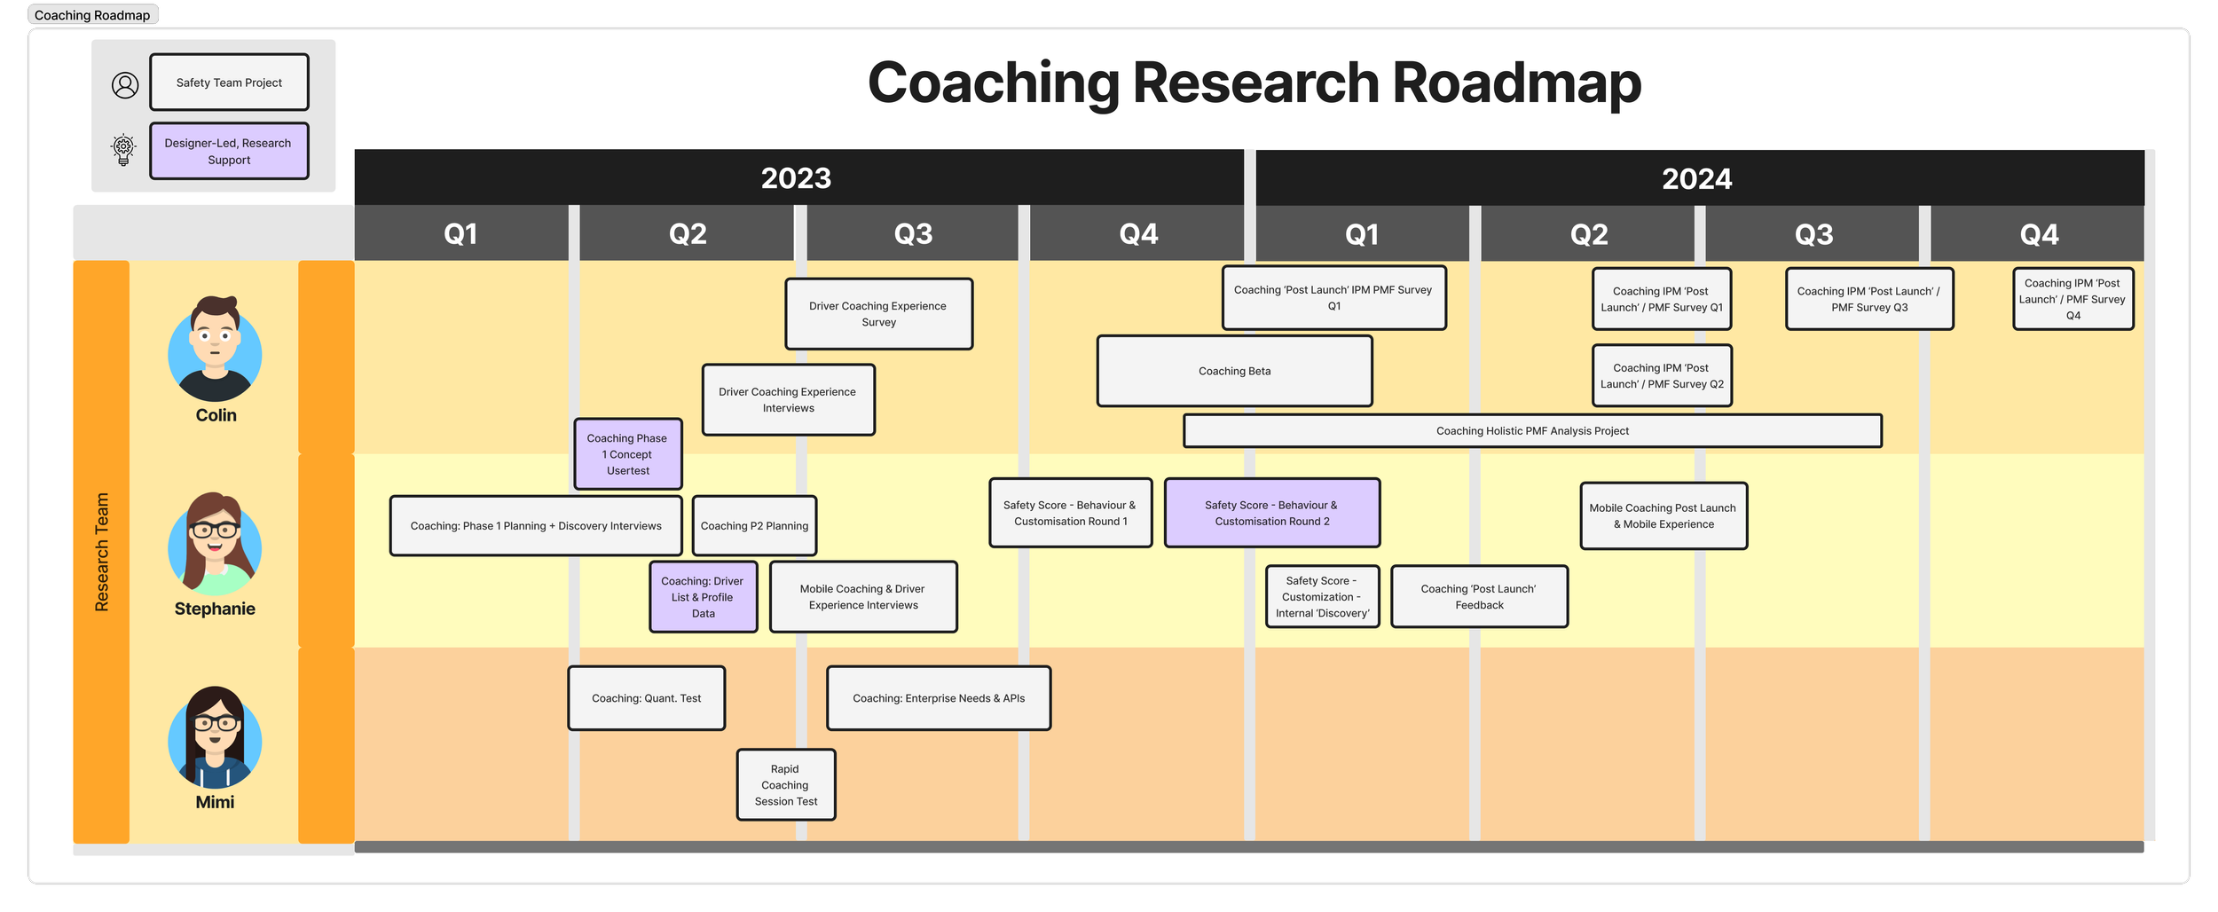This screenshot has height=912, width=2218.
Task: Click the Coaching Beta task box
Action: [1234, 371]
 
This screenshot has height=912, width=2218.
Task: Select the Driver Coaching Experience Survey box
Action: [878, 314]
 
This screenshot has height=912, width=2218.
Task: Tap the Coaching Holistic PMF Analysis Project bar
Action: [1532, 431]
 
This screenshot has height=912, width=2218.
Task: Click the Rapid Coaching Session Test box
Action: [786, 785]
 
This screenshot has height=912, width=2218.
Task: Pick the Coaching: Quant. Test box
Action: [646, 698]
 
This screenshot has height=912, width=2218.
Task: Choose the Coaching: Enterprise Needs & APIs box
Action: [939, 698]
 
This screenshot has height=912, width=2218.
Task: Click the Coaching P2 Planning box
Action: [754, 526]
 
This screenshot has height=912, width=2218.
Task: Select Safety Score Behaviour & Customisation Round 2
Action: [1271, 513]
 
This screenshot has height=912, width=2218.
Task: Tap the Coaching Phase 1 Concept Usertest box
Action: [628, 454]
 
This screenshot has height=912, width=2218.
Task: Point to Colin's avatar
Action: [215, 350]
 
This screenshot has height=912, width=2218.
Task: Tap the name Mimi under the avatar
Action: [215, 802]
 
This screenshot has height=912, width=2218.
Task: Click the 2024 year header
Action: [1696, 178]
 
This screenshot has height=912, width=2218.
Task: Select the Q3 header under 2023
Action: [913, 233]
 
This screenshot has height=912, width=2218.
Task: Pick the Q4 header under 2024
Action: [2039, 234]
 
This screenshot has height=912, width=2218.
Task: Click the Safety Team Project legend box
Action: [229, 83]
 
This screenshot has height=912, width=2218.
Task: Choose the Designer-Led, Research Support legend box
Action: [229, 152]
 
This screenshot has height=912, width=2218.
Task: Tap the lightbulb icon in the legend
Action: [124, 150]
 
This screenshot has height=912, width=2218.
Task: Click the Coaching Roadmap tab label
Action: [92, 15]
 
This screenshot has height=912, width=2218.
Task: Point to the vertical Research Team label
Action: [102, 552]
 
